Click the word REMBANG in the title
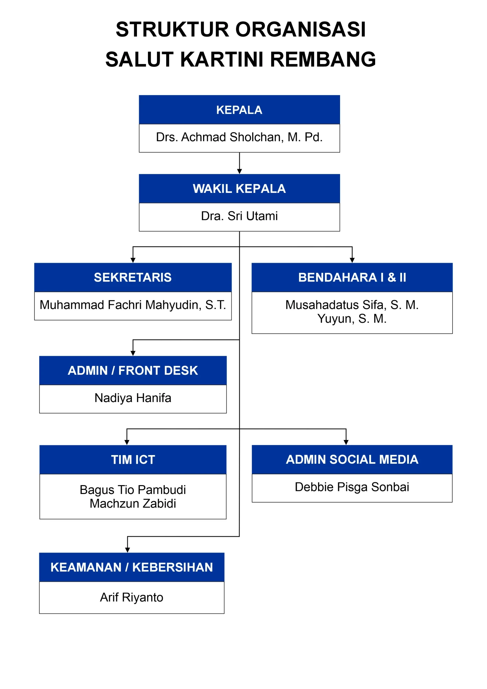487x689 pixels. pyautogui.click(x=323, y=59)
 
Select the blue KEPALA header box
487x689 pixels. pyautogui.click(x=239, y=110)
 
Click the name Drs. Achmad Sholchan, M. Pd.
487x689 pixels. pyautogui.click(x=239, y=137)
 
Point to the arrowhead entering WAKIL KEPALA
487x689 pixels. pyautogui.click(x=240, y=171)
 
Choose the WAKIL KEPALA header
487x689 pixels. pyautogui.click(x=239, y=188)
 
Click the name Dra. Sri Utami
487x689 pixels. pyautogui.click(x=239, y=216)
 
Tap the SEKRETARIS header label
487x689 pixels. pyautogui.click(x=133, y=277)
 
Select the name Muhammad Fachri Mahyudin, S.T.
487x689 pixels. pyautogui.click(x=133, y=305)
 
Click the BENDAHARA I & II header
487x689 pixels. pyautogui.click(x=352, y=277)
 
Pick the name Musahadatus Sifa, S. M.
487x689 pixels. pyautogui.click(x=352, y=305)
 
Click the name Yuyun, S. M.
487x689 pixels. pyautogui.click(x=352, y=319)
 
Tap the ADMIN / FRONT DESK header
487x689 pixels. pyautogui.click(x=133, y=370)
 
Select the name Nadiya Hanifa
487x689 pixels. pyautogui.click(x=133, y=398)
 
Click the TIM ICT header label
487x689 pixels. pyautogui.click(x=133, y=460)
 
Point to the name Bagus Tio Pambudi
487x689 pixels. pyautogui.click(x=133, y=490)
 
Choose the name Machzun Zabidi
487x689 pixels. pyautogui.click(x=133, y=504)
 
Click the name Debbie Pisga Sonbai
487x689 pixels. pyautogui.click(x=352, y=487)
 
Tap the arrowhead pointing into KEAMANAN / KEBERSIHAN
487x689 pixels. pyautogui.click(x=127, y=550)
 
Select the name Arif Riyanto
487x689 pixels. pyautogui.click(x=132, y=597)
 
